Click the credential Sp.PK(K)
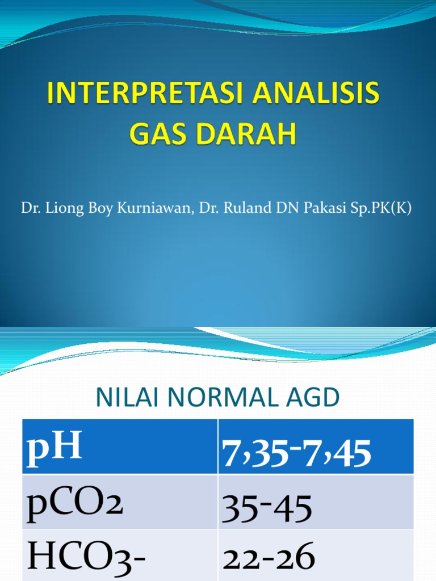pyautogui.click(x=383, y=209)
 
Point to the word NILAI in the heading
pyautogui.click(x=122, y=398)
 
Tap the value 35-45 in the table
pyautogui.click(x=267, y=508)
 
